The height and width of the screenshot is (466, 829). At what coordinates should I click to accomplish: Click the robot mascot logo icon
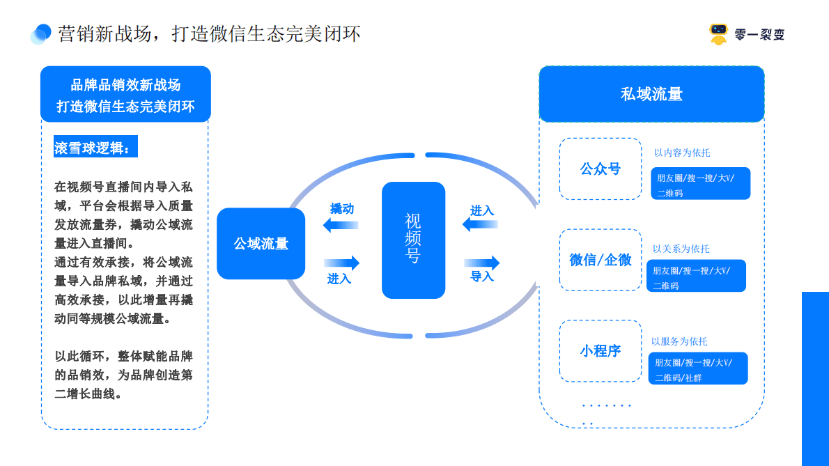pyautogui.click(x=718, y=33)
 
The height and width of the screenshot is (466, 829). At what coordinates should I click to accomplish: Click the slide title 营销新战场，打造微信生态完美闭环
pyautogui.click(x=209, y=33)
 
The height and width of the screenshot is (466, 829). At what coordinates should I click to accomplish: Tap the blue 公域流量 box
pyautogui.click(x=261, y=243)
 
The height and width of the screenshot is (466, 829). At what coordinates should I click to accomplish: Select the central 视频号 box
pyautogui.click(x=413, y=240)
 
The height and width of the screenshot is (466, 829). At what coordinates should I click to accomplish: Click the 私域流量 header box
pyautogui.click(x=651, y=94)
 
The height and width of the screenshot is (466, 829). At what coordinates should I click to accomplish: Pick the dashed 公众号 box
pyautogui.click(x=600, y=169)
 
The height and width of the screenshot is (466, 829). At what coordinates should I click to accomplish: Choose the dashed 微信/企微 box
pyautogui.click(x=600, y=260)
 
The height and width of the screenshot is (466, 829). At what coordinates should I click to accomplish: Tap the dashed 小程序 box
pyautogui.click(x=600, y=351)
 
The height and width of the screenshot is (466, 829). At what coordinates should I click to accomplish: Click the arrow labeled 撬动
pyautogui.click(x=341, y=224)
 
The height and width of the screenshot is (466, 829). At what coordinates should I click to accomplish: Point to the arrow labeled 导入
pyautogui.click(x=482, y=263)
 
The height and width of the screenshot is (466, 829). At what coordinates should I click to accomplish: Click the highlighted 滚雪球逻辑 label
pyautogui.click(x=97, y=148)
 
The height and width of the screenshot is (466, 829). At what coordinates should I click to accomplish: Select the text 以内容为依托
pyautogui.click(x=681, y=153)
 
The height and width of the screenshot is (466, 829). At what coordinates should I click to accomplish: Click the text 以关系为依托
pyautogui.click(x=681, y=249)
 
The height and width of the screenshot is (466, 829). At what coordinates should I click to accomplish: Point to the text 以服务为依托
pyautogui.click(x=679, y=341)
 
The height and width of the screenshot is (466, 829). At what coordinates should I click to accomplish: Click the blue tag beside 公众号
pyautogui.click(x=700, y=184)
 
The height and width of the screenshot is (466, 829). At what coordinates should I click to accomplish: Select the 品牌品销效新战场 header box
pyautogui.click(x=125, y=95)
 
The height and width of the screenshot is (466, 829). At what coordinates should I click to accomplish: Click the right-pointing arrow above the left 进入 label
pyautogui.click(x=341, y=263)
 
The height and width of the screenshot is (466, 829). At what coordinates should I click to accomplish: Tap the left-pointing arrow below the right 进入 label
pyautogui.click(x=481, y=224)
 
